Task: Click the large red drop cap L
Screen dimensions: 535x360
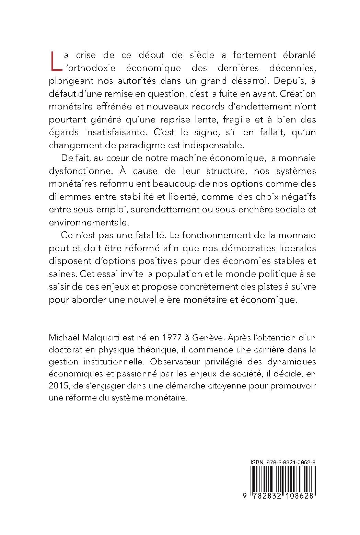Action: pyautogui.click(x=55, y=62)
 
